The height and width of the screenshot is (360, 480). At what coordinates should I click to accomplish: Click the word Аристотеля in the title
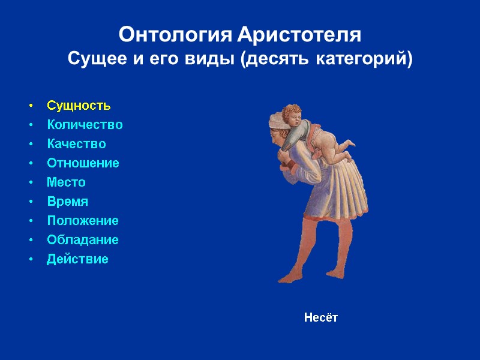click(299, 35)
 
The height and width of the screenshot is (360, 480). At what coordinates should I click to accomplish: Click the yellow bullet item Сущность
click(79, 106)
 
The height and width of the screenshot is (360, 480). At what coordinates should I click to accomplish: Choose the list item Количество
click(85, 125)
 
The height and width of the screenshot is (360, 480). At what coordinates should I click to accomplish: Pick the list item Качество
click(76, 144)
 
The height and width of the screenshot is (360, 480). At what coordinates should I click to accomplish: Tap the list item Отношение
click(83, 163)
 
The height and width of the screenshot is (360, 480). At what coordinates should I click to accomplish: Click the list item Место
click(66, 182)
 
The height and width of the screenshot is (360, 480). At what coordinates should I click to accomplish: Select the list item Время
click(67, 202)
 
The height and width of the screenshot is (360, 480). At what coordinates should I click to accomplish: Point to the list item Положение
click(83, 221)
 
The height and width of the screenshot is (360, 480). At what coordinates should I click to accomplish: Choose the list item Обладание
click(83, 240)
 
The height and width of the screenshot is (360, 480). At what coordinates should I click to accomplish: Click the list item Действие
click(77, 259)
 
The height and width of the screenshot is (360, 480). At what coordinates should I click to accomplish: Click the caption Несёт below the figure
click(320, 317)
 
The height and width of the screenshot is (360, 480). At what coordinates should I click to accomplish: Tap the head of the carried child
click(292, 114)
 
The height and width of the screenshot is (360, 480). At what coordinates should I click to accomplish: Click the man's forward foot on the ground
click(288, 277)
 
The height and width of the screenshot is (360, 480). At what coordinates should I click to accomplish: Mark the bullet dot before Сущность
click(31, 106)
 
